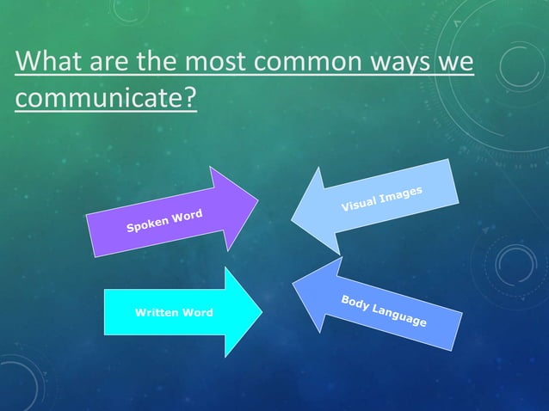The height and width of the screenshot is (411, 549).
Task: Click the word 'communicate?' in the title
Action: tap(105, 98)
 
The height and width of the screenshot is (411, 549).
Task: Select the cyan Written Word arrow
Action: tap(181, 311)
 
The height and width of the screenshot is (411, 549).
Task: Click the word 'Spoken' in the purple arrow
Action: tap(146, 225)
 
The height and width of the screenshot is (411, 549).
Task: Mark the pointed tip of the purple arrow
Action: tap(257, 202)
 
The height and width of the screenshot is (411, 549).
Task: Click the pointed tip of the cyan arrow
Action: tap(262, 311)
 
